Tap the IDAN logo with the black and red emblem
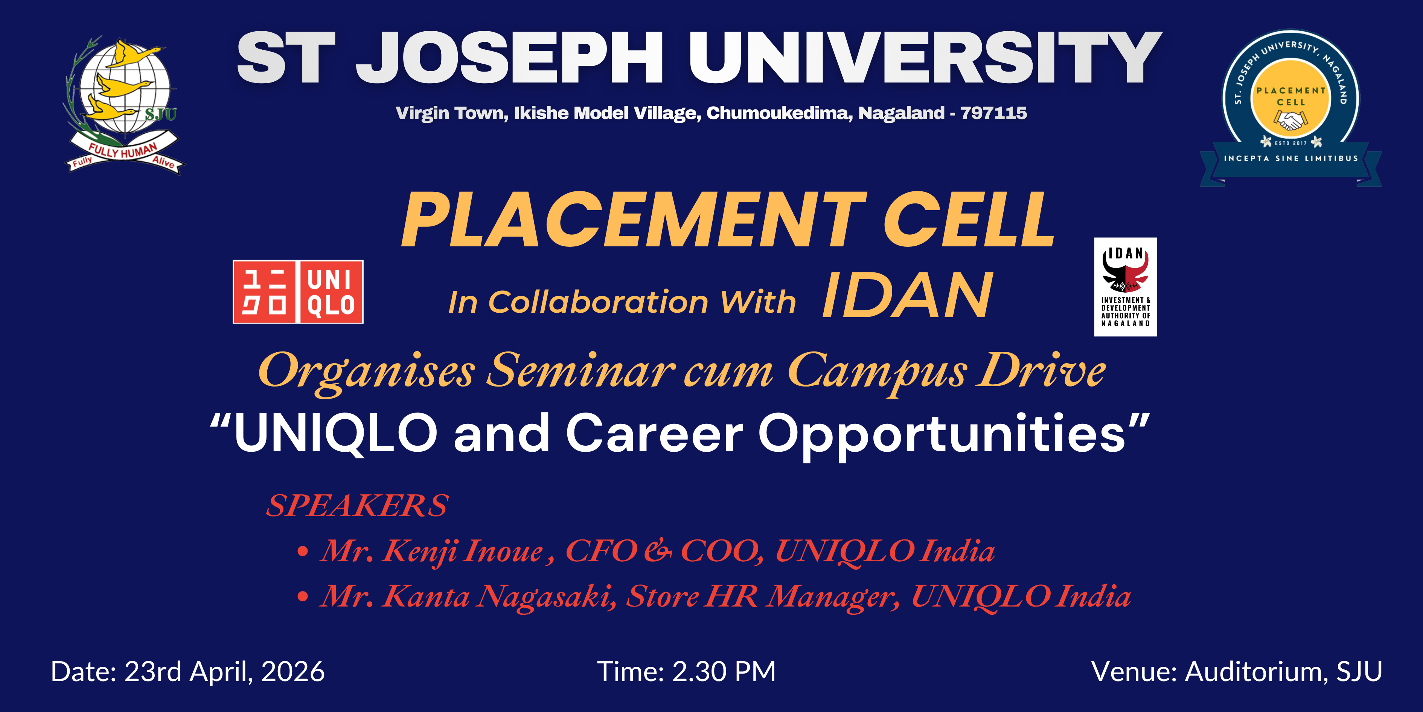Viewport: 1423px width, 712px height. (1125, 287)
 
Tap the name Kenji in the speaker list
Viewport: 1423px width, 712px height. (419, 551)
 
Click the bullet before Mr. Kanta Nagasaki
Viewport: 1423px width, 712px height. (302, 597)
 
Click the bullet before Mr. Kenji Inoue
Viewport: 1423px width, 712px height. (302, 552)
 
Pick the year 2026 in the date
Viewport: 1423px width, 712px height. (293, 672)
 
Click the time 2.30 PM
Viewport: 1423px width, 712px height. (724, 672)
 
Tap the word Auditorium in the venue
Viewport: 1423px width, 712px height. (1256, 672)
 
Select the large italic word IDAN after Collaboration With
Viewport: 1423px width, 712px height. (908, 296)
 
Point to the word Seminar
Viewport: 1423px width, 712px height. (580, 370)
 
